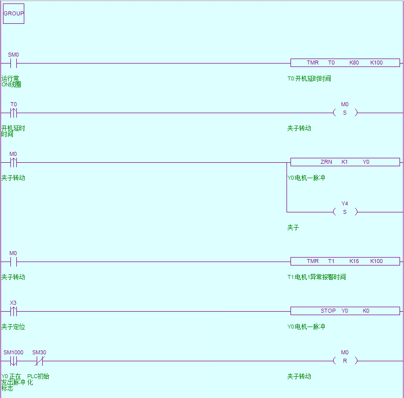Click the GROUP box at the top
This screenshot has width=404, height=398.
click(x=13, y=13)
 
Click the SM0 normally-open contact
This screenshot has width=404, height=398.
click(x=14, y=63)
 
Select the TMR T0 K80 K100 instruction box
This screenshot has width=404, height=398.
click(x=345, y=63)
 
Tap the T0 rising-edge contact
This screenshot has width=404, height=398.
click(x=14, y=113)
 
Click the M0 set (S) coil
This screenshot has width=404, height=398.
click(x=345, y=113)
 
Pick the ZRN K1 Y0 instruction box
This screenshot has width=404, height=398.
click(x=345, y=162)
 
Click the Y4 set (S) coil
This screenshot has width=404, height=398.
click(x=345, y=212)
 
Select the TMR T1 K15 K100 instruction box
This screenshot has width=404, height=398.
click(x=345, y=262)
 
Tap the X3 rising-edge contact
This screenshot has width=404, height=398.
click(x=14, y=311)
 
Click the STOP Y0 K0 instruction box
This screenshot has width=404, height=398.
click(x=345, y=311)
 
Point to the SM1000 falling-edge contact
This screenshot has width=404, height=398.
click(x=14, y=361)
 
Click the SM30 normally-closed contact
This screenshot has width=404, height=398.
click(x=39, y=361)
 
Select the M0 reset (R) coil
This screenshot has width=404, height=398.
click(x=345, y=361)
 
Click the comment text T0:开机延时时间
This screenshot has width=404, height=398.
click(x=309, y=78)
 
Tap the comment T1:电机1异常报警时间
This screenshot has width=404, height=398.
click(x=316, y=277)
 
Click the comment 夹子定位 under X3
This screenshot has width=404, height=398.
click(x=13, y=327)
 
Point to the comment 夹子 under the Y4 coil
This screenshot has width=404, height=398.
click(x=293, y=227)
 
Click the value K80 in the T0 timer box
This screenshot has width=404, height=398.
click(x=354, y=63)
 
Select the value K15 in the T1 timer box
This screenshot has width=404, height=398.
click(x=354, y=262)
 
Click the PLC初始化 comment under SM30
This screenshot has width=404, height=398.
click(x=38, y=379)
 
